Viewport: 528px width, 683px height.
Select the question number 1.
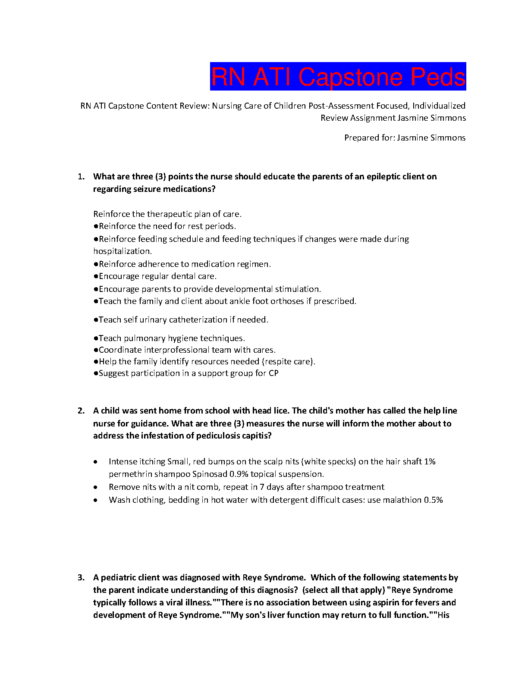click(81, 176)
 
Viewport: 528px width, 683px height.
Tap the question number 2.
click(81, 410)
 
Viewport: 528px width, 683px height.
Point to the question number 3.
click(81, 577)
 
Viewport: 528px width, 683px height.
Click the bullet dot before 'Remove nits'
click(95, 487)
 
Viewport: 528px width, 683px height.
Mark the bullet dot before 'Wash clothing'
click(95, 500)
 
